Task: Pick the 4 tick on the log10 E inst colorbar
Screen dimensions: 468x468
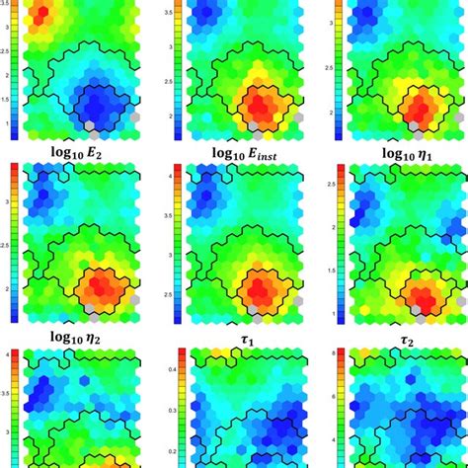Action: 176,174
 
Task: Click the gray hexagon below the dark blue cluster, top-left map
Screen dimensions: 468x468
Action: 91,126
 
